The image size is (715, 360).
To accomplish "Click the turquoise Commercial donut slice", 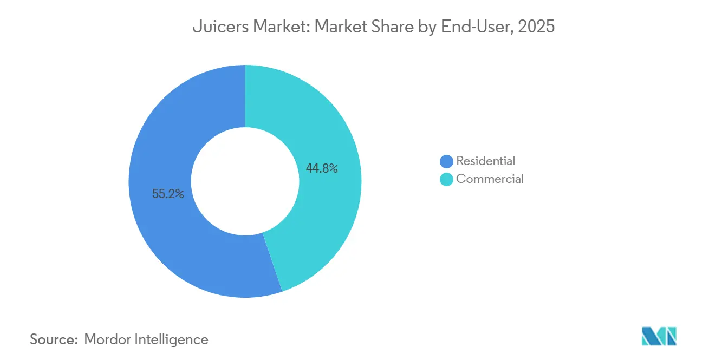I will [x=325, y=135].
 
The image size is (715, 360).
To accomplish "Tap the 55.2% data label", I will [x=168, y=194].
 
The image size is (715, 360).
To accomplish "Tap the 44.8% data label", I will [x=322, y=169].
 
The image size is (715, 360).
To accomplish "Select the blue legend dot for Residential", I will [x=446, y=161].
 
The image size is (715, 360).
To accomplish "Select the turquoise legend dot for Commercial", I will [x=446, y=179].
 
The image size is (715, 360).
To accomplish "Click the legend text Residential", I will [x=485, y=161].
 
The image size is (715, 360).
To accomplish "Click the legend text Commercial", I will [x=490, y=179].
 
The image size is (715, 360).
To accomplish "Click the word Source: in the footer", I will [x=54, y=339].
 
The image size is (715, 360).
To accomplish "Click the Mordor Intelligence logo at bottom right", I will [x=659, y=336].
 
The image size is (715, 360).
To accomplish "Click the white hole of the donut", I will [x=245, y=181].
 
